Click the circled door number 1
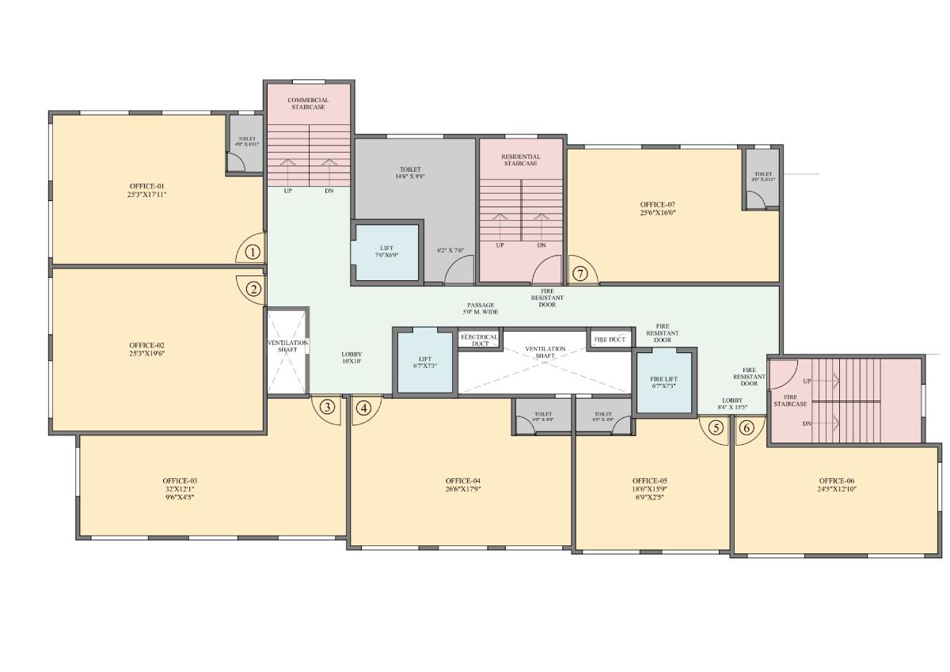(252, 252)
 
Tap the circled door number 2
(253, 289)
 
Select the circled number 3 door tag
(327, 407)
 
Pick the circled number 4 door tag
(363, 408)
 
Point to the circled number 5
(716, 427)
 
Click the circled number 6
(746, 427)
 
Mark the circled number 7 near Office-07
(580, 274)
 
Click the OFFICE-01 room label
(146, 189)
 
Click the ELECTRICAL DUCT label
(479, 340)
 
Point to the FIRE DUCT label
(610, 340)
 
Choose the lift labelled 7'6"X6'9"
(386, 252)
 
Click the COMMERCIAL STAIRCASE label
(308, 104)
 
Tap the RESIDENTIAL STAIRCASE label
(520, 160)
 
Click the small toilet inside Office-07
(762, 177)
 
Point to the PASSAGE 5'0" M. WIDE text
(481, 309)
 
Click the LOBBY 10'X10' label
(351, 358)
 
